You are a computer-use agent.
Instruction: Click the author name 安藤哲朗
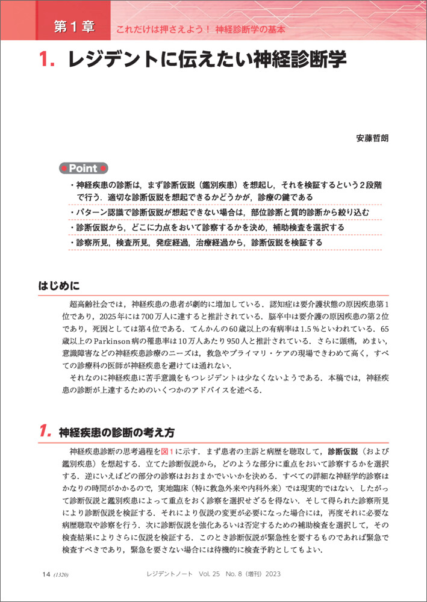coord(373,138)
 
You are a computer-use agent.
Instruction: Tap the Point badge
coord(84,169)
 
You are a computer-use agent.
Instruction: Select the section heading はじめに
coord(59,284)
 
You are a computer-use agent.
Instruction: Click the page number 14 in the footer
coord(46,575)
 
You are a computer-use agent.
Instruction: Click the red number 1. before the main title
coord(48,61)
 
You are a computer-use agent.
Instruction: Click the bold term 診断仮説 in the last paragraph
coord(343,451)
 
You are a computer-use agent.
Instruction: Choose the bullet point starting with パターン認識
coord(223,213)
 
